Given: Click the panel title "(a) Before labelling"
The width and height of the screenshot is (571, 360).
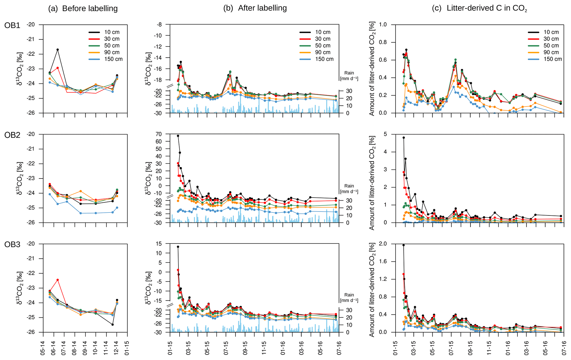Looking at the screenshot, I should [83, 9].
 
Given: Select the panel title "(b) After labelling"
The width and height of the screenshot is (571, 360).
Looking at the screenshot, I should [255, 8].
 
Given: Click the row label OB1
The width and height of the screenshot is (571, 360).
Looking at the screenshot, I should [12, 25].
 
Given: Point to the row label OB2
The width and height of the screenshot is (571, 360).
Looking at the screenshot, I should [12, 135].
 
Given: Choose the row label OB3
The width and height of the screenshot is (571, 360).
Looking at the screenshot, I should [12, 245].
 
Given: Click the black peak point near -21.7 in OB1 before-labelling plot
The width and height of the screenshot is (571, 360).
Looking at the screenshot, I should [58, 50].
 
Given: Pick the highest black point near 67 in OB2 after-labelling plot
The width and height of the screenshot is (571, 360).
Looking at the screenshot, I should [178, 136].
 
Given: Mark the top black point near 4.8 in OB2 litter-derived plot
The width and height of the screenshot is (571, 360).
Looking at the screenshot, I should [404, 138].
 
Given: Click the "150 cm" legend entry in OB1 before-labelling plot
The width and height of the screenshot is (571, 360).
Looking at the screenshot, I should [113, 59].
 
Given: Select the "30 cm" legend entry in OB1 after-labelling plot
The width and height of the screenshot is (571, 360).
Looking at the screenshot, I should [323, 39].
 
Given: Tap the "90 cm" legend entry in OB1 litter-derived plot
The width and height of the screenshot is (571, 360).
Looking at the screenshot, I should [551, 52].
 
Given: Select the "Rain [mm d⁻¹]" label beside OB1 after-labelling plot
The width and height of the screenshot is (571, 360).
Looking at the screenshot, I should [349, 76].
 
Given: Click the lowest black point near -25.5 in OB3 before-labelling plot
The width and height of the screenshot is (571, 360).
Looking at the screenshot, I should [113, 325].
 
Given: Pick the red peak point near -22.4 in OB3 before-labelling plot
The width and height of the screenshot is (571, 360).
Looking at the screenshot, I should [58, 280].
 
